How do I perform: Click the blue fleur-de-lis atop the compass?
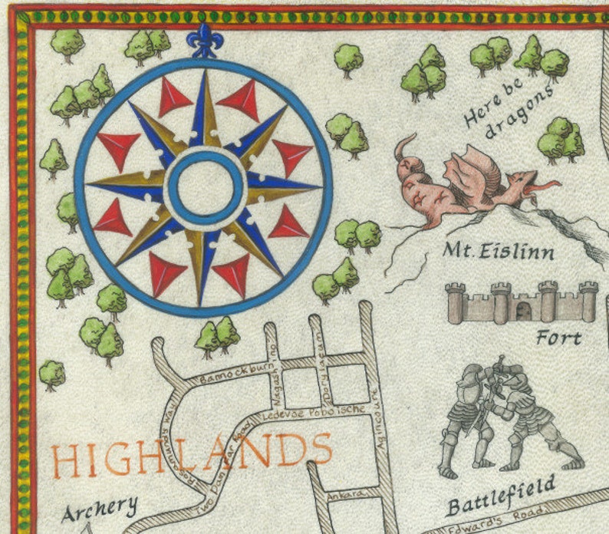[204, 41]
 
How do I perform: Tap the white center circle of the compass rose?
[205, 186]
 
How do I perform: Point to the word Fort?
[558, 337]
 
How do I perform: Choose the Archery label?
[100, 507]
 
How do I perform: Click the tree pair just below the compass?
[217, 335]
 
